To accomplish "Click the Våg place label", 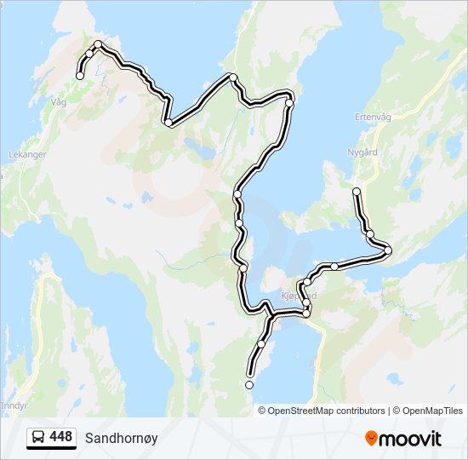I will [x=59, y=101].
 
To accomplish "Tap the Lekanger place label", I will [x=27, y=155].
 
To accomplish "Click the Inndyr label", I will [x=14, y=405].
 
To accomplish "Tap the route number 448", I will [x=60, y=437].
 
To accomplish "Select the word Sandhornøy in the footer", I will [x=121, y=438].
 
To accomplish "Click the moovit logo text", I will [x=411, y=439].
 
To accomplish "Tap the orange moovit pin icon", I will [x=372, y=439].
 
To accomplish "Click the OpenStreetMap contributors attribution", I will [x=326, y=411].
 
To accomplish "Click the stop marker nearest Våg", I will [x=80, y=76].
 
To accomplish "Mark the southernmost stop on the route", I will [x=249, y=385].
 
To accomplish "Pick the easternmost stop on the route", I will [x=388, y=250].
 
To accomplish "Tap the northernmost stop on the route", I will [x=98, y=44].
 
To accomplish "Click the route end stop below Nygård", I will [x=357, y=191].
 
